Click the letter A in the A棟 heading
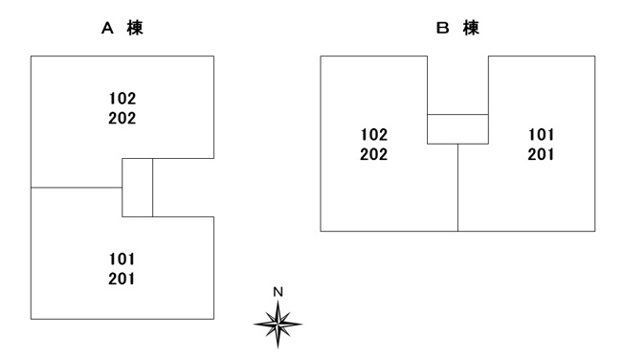pyautogui.click(x=107, y=29)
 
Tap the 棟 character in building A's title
pyautogui.click(x=135, y=29)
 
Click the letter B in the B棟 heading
pyautogui.click(x=442, y=29)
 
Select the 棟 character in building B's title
pyautogui.click(x=471, y=29)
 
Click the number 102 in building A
pyautogui.click(x=123, y=99)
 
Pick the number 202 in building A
pyautogui.click(x=123, y=118)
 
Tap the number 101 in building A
pyautogui.click(x=123, y=259)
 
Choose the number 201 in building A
pyautogui.click(x=122, y=279)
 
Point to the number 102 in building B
pyautogui.click(x=374, y=135)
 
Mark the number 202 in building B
pyautogui.click(x=373, y=154)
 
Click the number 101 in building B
pyautogui.click(x=542, y=135)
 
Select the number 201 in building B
pyautogui.click(x=541, y=154)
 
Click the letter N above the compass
pyautogui.click(x=279, y=292)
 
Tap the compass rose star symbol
pyautogui.click(x=278, y=325)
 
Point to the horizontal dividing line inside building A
pyautogui.click(x=77, y=187)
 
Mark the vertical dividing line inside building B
pyautogui.click(x=457, y=188)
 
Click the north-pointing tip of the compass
pyautogui.click(x=278, y=301)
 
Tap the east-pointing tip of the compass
pyautogui.click(x=301, y=325)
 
